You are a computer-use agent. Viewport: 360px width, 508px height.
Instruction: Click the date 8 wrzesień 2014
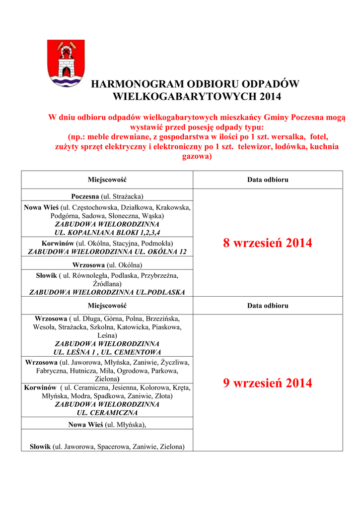[268, 243]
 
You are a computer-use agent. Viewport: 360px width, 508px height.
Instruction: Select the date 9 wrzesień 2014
[268, 382]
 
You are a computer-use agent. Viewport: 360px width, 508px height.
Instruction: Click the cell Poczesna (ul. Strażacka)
[107, 196]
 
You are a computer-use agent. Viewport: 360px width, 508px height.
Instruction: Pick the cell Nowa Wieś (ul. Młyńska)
[107, 424]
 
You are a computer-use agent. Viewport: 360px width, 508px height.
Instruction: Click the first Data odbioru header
[268, 180]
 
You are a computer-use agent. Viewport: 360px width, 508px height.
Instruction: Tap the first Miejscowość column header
[107, 180]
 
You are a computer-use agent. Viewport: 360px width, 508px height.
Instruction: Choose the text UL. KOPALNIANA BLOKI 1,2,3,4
[107, 232]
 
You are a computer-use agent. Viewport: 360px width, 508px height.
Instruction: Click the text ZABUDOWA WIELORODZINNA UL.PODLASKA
[107, 292]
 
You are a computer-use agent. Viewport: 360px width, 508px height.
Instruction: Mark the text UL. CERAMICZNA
[107, 412]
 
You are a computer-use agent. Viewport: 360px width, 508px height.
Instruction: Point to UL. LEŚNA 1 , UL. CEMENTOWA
[107, 352]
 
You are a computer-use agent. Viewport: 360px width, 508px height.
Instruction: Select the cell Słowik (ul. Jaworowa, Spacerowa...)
[107, 446]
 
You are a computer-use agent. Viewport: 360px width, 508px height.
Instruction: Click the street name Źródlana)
[107, 283]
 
